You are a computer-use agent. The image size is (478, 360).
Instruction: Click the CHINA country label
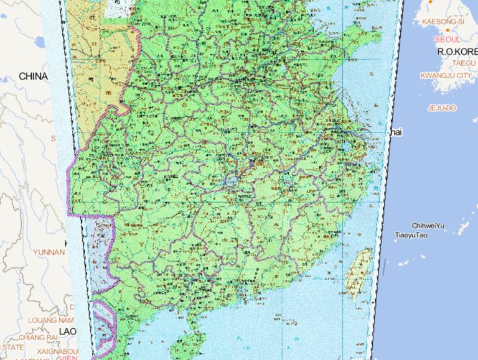[33, 76]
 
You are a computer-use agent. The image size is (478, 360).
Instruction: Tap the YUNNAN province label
[49, 252]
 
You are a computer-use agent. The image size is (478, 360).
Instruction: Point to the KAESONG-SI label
[443, 21]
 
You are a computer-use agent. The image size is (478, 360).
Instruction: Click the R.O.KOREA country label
[457, 52]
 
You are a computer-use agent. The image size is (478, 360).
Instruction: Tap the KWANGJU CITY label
[446, 75]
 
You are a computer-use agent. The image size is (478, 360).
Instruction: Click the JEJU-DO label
[442, 108]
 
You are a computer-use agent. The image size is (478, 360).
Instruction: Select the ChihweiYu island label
[428, 226]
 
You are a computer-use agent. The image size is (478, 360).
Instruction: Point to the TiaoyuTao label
[411, 236]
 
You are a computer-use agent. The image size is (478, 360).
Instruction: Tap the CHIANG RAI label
[38, 337]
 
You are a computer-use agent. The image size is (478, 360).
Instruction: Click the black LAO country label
[67, 331]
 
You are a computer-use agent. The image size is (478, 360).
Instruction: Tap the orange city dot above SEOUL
[429, 3]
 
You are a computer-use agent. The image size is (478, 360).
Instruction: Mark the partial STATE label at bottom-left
[12, 346]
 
